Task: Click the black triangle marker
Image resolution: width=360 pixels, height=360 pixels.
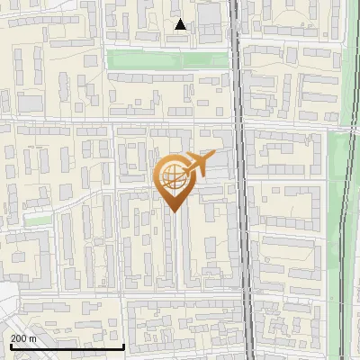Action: click(x=181, y=25)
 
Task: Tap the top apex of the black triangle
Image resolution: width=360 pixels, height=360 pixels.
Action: click(x=181, y=20)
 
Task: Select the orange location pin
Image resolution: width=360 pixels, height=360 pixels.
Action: click(x=174, y=180)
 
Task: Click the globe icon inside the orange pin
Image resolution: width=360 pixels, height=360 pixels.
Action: click(x=173, y=175)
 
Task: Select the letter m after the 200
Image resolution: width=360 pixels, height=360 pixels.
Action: click(x=33, y=338)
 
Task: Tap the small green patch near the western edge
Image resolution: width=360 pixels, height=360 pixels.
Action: click(x=35, y=219)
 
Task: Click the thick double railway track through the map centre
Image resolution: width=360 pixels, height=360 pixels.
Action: click(x=239, y=180)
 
